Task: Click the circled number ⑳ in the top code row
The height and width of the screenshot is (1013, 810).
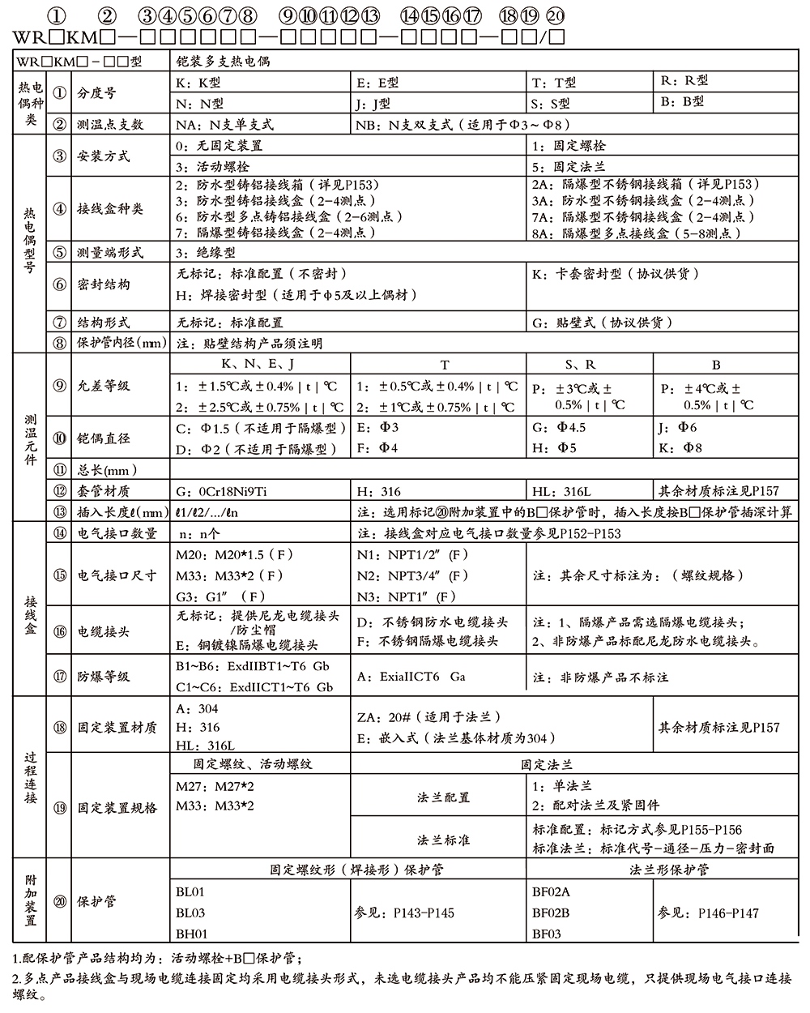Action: coord(556,15)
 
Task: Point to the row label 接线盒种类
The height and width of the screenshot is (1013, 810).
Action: coord(110,209)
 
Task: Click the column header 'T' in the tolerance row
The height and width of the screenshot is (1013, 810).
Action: coord(444,365)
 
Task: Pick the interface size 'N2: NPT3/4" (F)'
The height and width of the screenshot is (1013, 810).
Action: coord(412,576)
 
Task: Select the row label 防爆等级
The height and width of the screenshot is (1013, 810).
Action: coord(104,677)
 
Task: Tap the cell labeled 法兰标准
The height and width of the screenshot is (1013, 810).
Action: coord(443,840)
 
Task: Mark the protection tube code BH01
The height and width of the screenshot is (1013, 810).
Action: coord(192,934)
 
